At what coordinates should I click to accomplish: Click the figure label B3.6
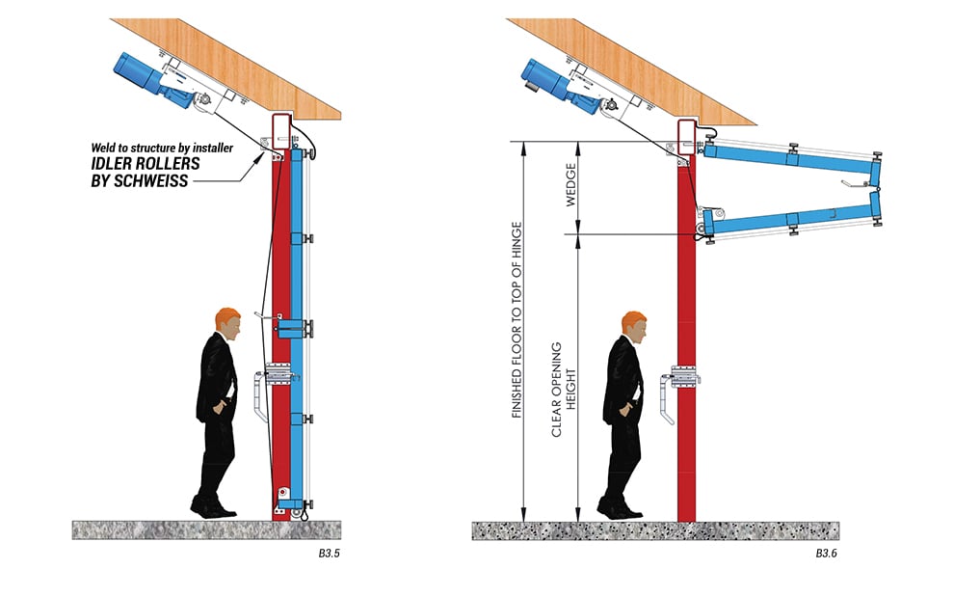[828, 555]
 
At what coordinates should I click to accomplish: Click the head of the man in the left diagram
[228, 321]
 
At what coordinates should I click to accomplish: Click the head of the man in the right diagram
[634, 324]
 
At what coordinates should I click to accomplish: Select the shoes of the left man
[211, 505]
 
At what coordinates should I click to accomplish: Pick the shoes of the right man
[618, 505]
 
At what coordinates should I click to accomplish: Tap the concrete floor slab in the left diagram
[212, 528]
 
